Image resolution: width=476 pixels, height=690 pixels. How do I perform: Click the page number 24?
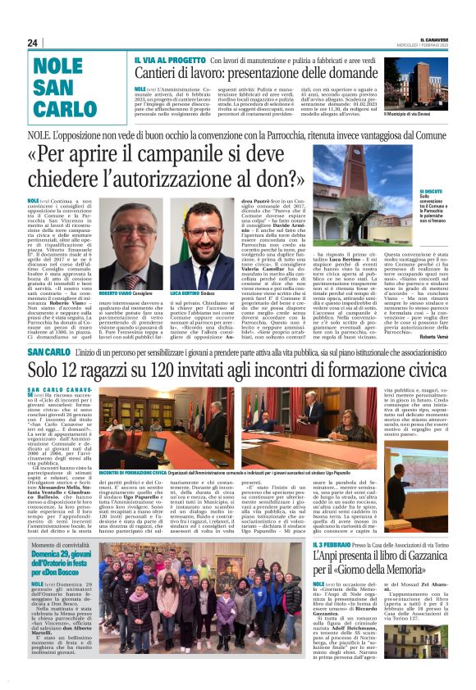33,43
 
